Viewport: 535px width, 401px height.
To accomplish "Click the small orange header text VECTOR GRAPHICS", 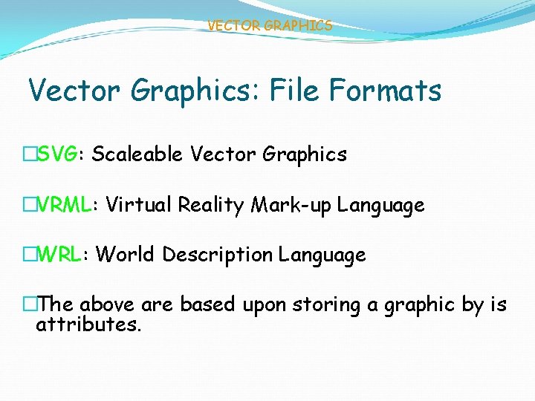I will click(x=270, y=26).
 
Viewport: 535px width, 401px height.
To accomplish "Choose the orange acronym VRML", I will click(x=65, y=205).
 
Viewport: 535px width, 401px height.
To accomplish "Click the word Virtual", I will click(x=139, y=205).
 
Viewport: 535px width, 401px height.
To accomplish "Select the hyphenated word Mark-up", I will click(x=291, y=206).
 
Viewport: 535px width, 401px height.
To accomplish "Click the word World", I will click(x=126, y=255).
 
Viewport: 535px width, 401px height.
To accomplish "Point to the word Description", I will click(x=218, y=255).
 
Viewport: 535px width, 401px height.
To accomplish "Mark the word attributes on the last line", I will click(x=88, y=325).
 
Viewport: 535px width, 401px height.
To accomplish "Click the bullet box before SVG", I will click(x=30, y=154).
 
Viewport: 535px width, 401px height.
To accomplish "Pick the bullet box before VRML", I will click(x=30, y=205).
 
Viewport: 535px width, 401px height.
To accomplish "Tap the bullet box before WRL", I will click(x=30, y=255).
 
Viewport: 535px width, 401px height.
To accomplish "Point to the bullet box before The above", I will click(x=30, y=304).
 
